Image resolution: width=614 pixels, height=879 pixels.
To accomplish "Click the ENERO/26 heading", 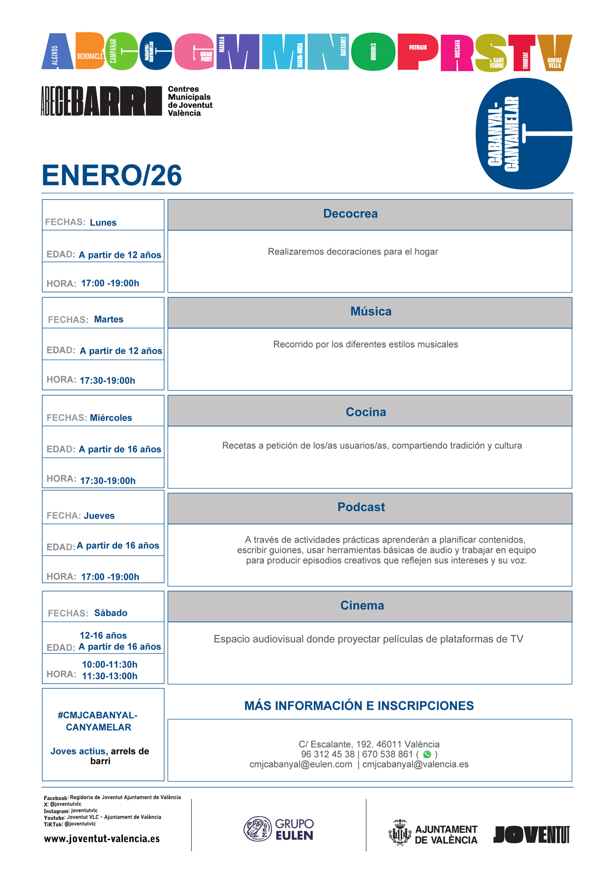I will click(112, 176).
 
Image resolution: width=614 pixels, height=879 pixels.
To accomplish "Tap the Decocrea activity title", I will click(350, 214).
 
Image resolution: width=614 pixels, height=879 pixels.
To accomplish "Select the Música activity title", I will click(371, 311).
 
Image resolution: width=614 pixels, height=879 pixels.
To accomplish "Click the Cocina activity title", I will click(366, 412).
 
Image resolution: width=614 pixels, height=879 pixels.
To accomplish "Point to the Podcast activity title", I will click(361, 507).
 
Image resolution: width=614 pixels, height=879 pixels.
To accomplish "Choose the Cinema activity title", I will click(362, 605).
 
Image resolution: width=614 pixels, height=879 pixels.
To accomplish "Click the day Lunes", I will click(103, 223).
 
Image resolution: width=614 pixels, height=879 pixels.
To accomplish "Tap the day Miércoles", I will click(111, 418).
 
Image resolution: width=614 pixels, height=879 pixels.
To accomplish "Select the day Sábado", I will click(111, 613).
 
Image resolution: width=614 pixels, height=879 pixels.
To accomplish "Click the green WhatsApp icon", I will click(427, 754).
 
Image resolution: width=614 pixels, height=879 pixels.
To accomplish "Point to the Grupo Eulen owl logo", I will click(257, 829).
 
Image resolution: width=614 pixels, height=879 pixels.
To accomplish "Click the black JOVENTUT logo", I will click(532, 834).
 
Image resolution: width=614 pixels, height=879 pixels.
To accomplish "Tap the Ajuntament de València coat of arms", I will click(400, 833).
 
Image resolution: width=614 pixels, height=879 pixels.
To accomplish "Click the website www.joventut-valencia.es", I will click(102, 839).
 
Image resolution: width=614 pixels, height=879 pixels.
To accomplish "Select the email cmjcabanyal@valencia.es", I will click(415, 764).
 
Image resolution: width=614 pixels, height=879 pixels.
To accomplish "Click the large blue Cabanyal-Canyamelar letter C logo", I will click(524, 133).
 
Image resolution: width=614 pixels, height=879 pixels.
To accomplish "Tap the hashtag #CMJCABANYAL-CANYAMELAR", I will click(98, 721).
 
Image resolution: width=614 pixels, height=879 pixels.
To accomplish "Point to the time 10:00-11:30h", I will click(109, 665).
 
